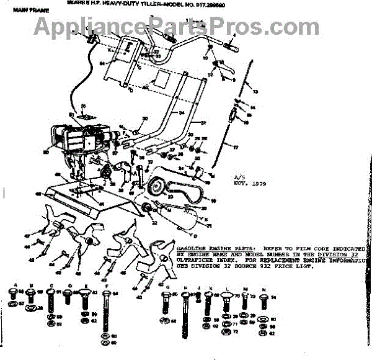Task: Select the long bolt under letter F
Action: pyautogui.click(x=107, y=313)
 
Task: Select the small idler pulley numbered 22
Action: pyautogui.click(x=147, y=207)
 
